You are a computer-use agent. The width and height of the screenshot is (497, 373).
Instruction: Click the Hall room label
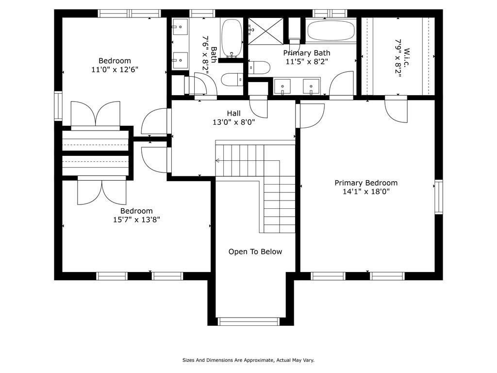click(233, 113)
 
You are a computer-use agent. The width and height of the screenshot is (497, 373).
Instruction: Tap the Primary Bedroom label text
click(365, 183)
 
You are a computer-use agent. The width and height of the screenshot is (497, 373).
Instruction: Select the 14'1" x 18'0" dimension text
click(365, 192)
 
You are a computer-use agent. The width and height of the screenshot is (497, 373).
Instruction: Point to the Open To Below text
click(255, 252)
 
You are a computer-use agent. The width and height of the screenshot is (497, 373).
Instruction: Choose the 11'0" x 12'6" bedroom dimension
click(115, 69)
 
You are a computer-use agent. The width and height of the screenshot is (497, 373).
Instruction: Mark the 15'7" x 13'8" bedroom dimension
click(136, 220)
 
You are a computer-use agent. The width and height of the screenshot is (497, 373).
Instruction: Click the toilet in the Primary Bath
click(259, 68)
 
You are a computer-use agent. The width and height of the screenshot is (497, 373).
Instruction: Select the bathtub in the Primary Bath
click(331, 30)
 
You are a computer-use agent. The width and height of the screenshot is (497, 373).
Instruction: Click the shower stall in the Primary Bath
click(265, 30)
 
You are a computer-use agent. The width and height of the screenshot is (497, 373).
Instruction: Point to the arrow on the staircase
click(218, 160)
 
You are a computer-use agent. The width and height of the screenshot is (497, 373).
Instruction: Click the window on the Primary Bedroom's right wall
click(438, 197)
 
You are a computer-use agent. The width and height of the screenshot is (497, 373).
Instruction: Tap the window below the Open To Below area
click(248, 321)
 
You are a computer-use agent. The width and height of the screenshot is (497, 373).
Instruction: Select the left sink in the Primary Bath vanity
click(282, 86)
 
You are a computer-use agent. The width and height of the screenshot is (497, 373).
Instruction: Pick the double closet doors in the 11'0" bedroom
click(96, 114)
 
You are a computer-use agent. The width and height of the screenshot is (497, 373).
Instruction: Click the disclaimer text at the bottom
click(248, 360)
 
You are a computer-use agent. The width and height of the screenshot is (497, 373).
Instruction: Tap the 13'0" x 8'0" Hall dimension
click(233, 122)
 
